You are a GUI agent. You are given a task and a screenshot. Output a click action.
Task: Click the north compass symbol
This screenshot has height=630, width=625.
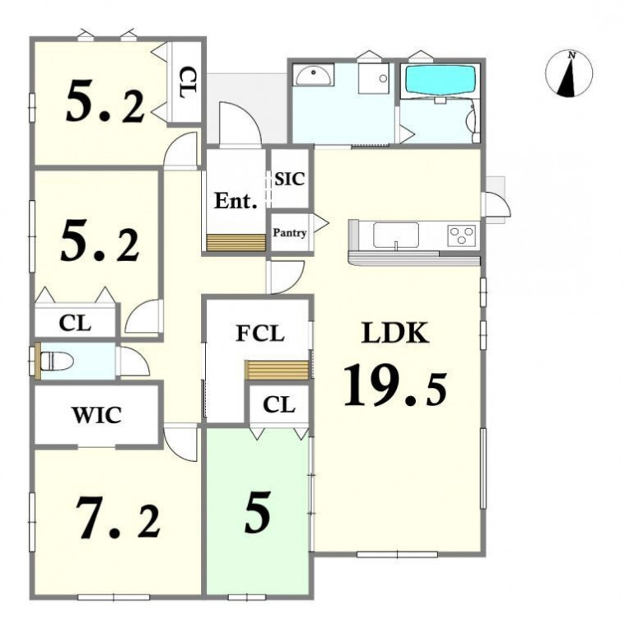pos(569,74)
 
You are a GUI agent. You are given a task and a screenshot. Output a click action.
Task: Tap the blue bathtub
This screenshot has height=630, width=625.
pos(441,81)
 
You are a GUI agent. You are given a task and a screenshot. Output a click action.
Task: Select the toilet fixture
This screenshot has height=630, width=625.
pos(56,361)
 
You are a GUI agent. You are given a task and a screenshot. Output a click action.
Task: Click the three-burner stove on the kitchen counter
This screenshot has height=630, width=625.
pos(462,235)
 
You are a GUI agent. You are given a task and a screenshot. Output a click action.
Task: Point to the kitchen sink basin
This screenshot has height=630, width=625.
pos(396,236)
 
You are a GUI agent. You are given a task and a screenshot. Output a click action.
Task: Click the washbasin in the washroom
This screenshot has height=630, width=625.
pos(313,75)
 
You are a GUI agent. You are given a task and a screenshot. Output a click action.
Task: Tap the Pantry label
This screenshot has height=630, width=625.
pos(290,232)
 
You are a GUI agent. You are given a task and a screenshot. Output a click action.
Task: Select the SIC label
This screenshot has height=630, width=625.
pos(290,179)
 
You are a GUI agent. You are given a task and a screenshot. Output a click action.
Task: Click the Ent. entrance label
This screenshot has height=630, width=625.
pos(236,201)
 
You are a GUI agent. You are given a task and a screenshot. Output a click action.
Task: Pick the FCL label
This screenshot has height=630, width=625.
pos(260,333)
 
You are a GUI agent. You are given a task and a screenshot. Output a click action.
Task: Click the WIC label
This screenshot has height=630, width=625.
pos(97,415)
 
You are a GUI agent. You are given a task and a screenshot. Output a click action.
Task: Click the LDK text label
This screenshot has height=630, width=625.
pos(395,333)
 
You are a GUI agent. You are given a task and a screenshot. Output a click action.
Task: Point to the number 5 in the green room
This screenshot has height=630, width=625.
pos(258,512)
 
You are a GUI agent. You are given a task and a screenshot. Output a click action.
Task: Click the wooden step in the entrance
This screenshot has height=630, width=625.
pos(236,243)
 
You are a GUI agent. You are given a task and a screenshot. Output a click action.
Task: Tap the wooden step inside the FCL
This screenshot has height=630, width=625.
pos(277,370)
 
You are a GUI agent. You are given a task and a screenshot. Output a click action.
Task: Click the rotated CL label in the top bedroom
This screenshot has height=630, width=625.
pos(187,83)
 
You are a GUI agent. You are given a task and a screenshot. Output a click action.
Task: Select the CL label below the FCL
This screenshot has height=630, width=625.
pos(279,404)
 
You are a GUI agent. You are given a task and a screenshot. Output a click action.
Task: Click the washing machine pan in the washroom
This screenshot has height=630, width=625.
pos(374,78)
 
